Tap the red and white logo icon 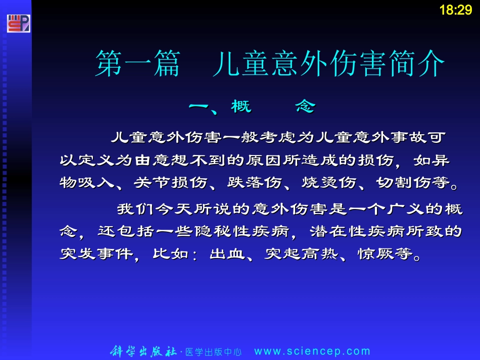pyautogui.click(x=18, y=23)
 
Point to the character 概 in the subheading pyautogui.click(x=241, y=107)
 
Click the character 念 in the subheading pyautogui.click(x=305, y=107)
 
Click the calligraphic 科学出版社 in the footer pyautogui.click(x=143, y=351)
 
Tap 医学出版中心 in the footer pyautogui.click(x=213, y=352)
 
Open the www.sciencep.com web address pyautogui.click(x=312, y=351)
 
